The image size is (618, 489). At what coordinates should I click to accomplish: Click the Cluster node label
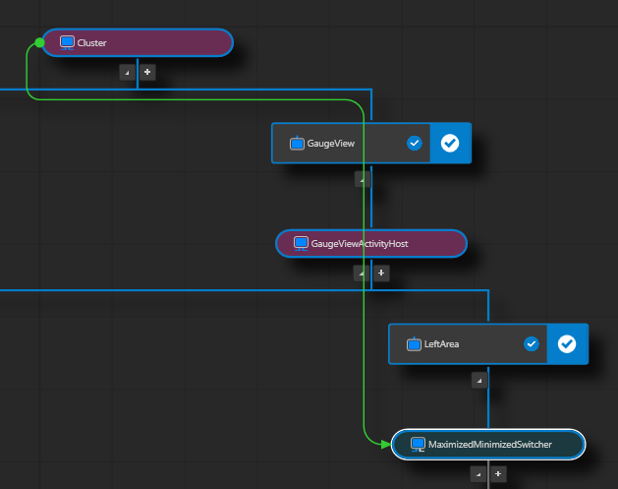91,43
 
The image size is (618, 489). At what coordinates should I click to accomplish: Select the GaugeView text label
330,144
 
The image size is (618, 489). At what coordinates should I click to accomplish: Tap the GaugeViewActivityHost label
359,243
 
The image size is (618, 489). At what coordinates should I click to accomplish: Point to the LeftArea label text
441,344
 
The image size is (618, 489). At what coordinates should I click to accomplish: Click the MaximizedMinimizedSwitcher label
489,445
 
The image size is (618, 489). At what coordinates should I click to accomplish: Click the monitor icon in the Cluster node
67,43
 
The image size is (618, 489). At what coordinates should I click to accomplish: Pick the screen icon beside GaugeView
297,144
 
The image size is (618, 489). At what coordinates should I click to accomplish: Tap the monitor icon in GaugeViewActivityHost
301,243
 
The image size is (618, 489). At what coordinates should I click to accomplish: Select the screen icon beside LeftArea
414,344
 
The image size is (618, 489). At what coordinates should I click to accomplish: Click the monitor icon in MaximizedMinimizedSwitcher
418,445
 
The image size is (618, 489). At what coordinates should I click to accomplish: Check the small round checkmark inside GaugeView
414,144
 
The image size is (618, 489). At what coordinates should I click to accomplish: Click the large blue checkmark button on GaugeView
450,144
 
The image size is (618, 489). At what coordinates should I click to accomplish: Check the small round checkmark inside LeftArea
532,344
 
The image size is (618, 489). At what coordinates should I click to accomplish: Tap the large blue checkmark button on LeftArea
567,344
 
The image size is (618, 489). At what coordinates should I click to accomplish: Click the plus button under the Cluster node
147,72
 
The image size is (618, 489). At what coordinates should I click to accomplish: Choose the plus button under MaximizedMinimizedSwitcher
498,474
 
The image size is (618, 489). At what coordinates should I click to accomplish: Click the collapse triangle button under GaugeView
362,179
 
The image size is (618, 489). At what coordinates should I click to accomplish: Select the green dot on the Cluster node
39,43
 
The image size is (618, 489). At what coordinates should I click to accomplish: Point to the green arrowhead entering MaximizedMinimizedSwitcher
385,445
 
